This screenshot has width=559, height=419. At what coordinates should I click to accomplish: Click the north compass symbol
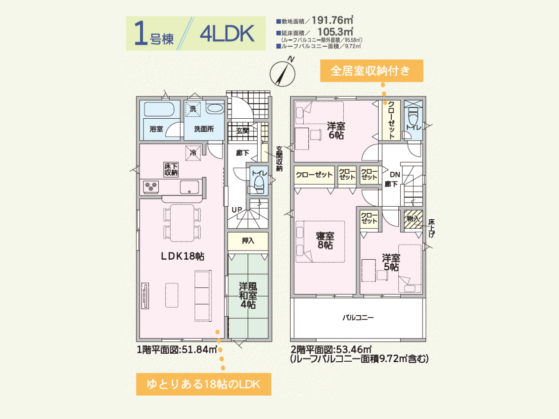pos(283,73)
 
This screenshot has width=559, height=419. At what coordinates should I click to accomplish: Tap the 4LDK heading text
pos(227,34)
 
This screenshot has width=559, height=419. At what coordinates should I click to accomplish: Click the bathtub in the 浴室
pos(159,109)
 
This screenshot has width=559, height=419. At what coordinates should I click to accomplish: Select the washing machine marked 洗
pos(193,109)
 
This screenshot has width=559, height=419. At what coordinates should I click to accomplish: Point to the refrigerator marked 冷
pos(193,153)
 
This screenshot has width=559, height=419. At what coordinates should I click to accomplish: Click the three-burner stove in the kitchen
pos(151,187)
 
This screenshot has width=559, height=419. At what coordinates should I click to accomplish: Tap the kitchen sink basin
pos(190,187)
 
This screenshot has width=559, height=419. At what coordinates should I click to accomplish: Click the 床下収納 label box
pos(170,169)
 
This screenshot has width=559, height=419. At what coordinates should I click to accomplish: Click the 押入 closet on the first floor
pos(248,241)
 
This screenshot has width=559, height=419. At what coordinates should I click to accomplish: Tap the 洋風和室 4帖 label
pos(248,295)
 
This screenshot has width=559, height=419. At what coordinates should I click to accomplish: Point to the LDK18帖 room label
pos(183,256)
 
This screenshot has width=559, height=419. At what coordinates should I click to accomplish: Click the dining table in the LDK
pos(182,223)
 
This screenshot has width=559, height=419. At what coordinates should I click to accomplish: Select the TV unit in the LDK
pos(145,296)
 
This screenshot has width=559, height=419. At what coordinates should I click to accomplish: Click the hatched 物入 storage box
pos(413,219)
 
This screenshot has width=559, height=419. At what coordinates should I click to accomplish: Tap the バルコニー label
pos(358,318)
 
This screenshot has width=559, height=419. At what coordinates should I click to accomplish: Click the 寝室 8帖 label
pos(325,240)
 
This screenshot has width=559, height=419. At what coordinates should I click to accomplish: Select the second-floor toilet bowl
pos(413,117)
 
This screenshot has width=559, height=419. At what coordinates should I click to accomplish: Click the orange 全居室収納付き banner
pos(372,71)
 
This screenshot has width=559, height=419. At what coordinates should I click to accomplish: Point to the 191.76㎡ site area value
pos(333,20)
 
